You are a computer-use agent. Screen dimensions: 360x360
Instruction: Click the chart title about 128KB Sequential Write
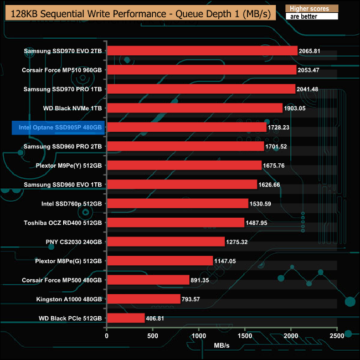[141, 13]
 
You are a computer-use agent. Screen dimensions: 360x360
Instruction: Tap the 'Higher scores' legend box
[311, 9]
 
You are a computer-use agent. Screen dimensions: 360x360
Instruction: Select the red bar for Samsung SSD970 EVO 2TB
[202, 51]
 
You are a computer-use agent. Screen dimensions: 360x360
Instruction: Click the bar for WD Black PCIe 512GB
[126, 318]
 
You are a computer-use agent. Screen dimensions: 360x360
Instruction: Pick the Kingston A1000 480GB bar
[143, 299]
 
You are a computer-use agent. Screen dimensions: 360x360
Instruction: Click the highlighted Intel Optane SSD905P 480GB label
[58, 127]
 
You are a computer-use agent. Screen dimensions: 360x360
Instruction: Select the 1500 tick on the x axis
[245, 336]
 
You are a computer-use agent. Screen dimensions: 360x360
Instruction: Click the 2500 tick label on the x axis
[337, 336]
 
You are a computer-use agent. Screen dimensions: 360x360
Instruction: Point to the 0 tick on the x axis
[107, 336]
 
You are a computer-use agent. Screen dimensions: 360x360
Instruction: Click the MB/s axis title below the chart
[222, 346]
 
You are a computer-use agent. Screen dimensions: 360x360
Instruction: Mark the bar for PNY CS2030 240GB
[166, 242]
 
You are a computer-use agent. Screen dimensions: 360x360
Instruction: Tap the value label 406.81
[158, 318]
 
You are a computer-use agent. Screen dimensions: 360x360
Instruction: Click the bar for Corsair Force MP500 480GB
[148, 280]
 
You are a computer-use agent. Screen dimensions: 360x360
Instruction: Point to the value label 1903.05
[296, 109]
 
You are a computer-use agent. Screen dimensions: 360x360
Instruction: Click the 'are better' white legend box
[311, 17]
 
